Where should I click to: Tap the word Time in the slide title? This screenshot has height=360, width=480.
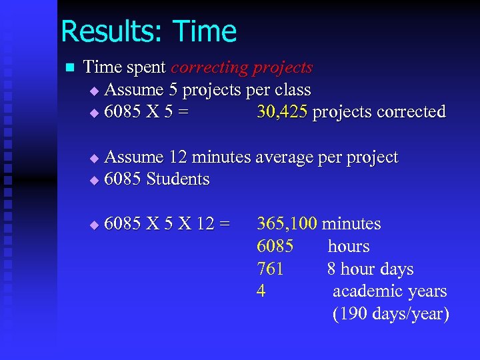pos(204,31)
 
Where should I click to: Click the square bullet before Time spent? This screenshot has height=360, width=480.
pos(67,67)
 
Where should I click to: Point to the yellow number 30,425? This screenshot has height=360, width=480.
pos(282,112)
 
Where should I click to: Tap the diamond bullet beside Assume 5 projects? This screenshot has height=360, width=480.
pos(93,90)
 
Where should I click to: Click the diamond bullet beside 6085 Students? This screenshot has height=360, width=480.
pos(93,180)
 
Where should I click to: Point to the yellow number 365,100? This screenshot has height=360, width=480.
pos(287,224)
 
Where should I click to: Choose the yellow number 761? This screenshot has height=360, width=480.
pos(270,269)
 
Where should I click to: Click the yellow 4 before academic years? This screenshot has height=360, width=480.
pos(261,291)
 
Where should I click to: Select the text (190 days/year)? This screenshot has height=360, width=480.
pos(391,314)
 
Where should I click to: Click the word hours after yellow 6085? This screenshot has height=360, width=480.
pos(348,247)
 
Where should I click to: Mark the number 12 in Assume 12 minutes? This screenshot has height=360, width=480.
pos(179,157)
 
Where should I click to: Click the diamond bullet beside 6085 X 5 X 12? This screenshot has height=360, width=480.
pos(93,225)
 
